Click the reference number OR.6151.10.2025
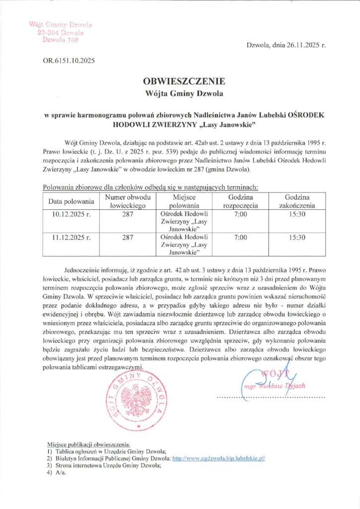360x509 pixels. (69, 61)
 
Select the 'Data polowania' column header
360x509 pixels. (71, 202)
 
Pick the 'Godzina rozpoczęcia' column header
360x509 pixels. (240, 201)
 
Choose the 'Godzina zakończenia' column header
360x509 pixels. (296, 201)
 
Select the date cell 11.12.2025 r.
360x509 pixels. (71, 238)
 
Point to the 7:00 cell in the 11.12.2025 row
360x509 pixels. (240, 238)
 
